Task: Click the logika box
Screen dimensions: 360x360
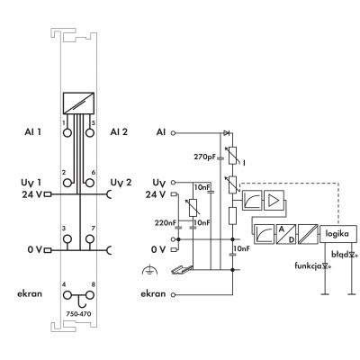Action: tap(338, 234)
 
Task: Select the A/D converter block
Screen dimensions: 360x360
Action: tap(286, 234)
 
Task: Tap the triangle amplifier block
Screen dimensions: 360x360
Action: tap(274, 200)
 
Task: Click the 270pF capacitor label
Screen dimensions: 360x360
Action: tap(205, 157)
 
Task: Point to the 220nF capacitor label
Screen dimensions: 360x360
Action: tap(166, 223)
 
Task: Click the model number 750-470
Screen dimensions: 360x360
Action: tap(78, 314)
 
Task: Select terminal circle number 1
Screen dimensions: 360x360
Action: tap(67, 132)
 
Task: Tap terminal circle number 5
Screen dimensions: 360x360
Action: tap(89, 132)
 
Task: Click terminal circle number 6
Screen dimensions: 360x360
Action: tap(89, 183)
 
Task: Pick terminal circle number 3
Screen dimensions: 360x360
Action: tap(67, 239)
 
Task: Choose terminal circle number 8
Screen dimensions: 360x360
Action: tap(89, 295)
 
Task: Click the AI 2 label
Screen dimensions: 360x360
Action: tap(119, 132)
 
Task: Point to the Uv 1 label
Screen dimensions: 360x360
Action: tap(31, 183)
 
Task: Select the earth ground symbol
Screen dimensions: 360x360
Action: tap(148, 271)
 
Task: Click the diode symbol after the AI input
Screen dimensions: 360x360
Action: tap(227, 132)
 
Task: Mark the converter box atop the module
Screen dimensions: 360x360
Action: tap(78, 103)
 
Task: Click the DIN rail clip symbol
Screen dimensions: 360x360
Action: tap(182, 270)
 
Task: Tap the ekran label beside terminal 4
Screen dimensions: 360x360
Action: tap(30, 293)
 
